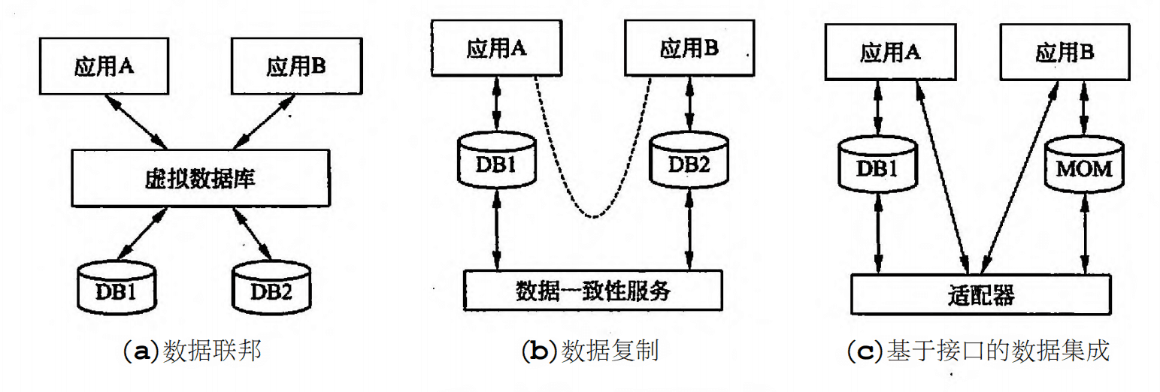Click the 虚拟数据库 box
[x=200, y=178]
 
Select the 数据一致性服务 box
[x=592, y=291]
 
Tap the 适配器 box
[x=980, y=294]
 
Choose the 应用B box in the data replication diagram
[x=688, y=49]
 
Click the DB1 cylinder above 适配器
[x=877, y=167]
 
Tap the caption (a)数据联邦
[x=191, y=351]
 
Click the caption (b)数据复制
[x=589, y=351]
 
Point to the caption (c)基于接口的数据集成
[x=977, y=351]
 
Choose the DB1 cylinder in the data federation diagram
[x=117, y=288]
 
